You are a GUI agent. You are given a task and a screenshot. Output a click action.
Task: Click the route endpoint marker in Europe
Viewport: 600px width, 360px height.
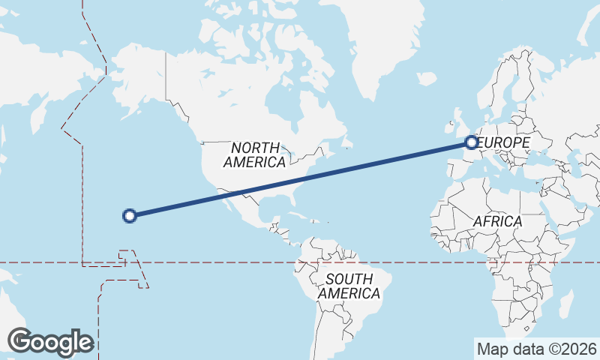(x=471, y=142)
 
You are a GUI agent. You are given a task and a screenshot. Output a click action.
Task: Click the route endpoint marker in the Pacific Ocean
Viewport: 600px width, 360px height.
(x=129, y=216)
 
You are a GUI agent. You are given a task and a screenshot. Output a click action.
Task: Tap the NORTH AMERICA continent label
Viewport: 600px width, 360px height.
(x=254, y=154)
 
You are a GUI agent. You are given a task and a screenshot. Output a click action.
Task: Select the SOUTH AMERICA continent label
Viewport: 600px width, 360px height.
(x=349, y=286)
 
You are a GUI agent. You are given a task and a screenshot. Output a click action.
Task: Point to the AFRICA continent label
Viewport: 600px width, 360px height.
(x=497, y=221)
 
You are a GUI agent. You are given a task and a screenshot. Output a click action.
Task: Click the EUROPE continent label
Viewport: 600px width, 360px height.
(x=504, y=142)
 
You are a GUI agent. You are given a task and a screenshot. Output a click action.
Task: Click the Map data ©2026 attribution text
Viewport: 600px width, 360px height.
(x=537, y=349)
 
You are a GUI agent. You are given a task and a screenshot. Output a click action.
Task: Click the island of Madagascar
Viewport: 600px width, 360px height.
(x=567, y=300)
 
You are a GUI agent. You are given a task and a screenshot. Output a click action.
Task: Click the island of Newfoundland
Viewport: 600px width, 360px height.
(x=346, y=140)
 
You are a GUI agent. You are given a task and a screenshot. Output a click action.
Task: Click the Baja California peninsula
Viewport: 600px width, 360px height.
(x=224, y=196)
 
